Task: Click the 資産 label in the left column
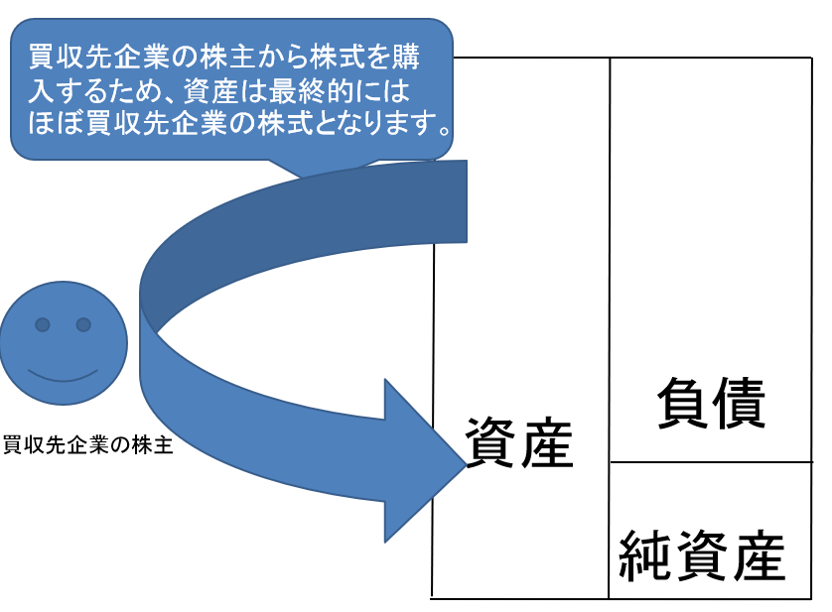coord(519,443)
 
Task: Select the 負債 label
coord(711,405)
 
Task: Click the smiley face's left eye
coord(43,324)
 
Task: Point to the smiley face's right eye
coord(83,324)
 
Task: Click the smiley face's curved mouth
coord(63,375)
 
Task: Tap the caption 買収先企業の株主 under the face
coord(88,445)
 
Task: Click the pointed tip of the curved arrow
coord(463,458)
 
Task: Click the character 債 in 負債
coord(739,405)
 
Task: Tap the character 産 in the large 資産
coord(547,443)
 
